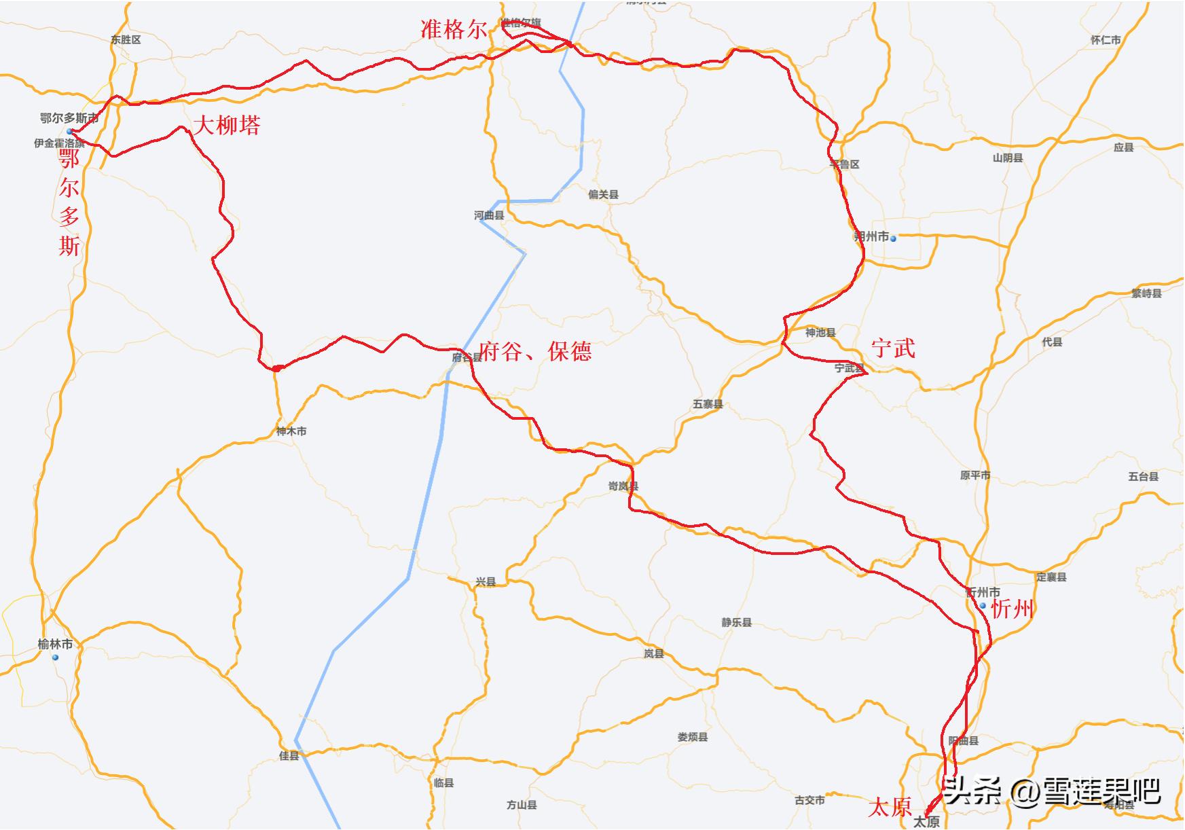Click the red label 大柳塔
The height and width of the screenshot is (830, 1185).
tap(227, 125)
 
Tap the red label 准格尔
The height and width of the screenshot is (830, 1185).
tap(454, 29)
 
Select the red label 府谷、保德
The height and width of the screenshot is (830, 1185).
tap(535, 351)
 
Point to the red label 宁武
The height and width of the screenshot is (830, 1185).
tap(893, 348)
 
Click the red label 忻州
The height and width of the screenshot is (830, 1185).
tap(1012, 609)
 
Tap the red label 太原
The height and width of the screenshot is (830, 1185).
tap(890, 807)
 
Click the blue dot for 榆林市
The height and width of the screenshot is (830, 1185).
tap(56, 657)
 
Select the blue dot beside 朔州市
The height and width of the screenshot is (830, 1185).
tap(894, 238)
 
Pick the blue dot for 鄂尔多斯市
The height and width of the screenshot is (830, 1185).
tap(69, 131)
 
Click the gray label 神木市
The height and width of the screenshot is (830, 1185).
tap(291, 431)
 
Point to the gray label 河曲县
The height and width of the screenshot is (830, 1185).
tap(489, 215)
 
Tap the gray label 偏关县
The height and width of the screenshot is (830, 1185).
tap(603, 195)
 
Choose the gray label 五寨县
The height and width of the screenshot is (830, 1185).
tap(708, 404)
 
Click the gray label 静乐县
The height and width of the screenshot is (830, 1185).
tap(736, 622)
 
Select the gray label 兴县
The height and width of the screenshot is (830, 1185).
tap(486, 582)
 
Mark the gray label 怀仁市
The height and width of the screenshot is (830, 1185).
tap(1106, 40)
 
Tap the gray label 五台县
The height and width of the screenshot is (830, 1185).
tap(1144, 477)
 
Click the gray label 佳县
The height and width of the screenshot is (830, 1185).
tap(289, 756)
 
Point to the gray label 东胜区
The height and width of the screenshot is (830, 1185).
tap(126, 40)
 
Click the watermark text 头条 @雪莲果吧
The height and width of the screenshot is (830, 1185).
tap(1051, 791)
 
